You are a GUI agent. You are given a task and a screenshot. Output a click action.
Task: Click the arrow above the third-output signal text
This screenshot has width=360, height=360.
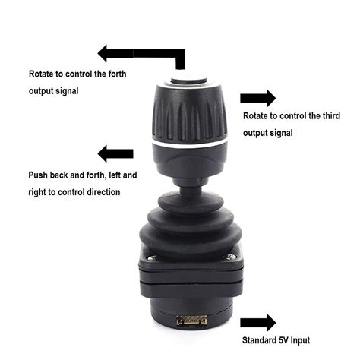point(257,99)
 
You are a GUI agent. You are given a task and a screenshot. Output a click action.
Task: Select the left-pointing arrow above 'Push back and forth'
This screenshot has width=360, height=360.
point(115,153)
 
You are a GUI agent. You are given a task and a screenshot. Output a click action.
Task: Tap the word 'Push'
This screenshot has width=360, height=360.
point(39,175)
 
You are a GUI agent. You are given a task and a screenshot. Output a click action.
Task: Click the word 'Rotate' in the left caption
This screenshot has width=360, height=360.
point(43,75)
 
